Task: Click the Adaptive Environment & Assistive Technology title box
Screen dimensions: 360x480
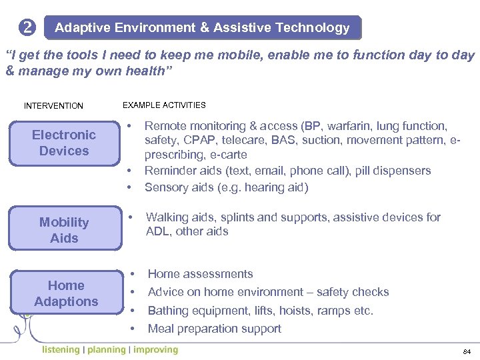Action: (x=202, y=28)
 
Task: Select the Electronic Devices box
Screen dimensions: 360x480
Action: (x=64, y=143)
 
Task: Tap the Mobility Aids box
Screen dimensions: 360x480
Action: (x=64, y=230)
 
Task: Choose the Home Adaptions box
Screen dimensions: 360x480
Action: (x=66, y=293)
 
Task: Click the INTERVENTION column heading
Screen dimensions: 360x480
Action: (x=53, y=106)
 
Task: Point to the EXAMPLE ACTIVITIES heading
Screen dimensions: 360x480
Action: (x=164, y=105)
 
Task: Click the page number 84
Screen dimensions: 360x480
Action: (x=466, y=351)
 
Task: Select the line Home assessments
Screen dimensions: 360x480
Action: (x=200, y=274)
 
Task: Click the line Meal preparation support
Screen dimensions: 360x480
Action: (x=214, y=329)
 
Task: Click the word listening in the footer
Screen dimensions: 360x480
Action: (x=60, y=350)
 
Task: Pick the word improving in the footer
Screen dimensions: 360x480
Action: (x=155, y=350)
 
